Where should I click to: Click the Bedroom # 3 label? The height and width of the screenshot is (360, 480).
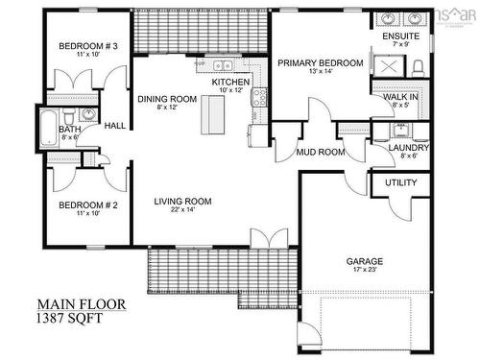point(88,47)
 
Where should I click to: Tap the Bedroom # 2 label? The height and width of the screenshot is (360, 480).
point(88,205)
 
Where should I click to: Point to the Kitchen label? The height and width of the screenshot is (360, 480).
point(230,84)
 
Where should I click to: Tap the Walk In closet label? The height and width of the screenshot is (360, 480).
point(399,98)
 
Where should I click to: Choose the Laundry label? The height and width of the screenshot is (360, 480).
point(408,147)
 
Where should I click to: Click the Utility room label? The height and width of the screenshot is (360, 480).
point(400,182)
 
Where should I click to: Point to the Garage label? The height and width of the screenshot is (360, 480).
point(365,261)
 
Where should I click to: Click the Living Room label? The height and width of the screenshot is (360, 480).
point(183,201)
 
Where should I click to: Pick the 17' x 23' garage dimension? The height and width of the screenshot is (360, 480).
point(365,271)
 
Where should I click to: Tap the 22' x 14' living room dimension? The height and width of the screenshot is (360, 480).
point(183,209)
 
